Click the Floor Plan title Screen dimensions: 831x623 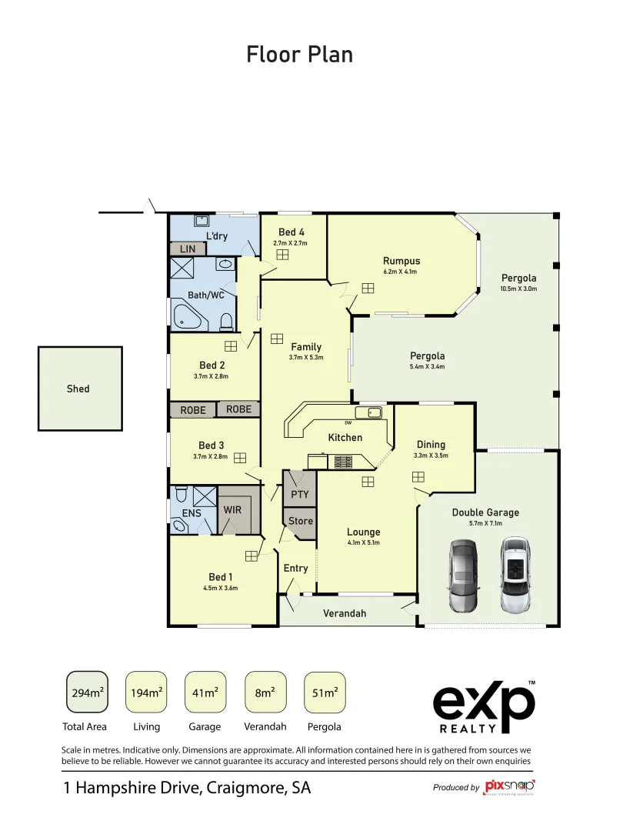pos(300,55)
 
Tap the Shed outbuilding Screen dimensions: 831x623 pos(80,389)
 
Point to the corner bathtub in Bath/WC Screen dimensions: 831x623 pos(187,316)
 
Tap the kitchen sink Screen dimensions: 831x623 pos(371,413)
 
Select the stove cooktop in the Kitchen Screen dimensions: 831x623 pos(341,462)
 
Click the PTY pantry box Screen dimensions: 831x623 pos(299,494)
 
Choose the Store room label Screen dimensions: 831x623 pos(301,521)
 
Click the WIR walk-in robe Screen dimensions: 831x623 pos(233,510)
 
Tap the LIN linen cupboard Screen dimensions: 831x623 pos(188,249)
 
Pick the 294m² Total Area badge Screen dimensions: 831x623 pos(87,692)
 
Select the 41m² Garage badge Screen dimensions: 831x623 pos(205,692)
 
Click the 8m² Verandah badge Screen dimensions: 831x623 pos(265,692)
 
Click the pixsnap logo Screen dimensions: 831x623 pos(509,787)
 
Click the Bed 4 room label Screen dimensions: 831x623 pos(291,232)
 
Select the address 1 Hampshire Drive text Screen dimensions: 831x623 pos(186,788)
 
